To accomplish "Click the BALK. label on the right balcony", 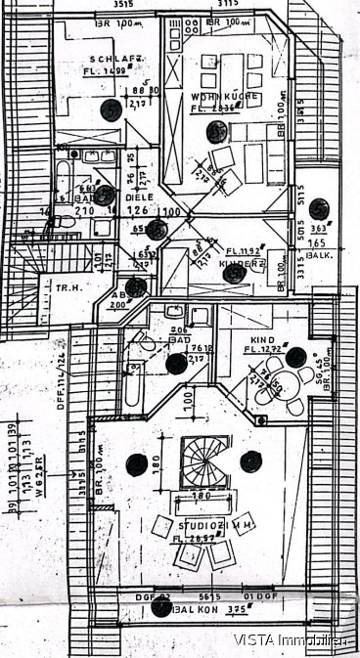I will [319, 254].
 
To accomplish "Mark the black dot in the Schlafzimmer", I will [112, 110].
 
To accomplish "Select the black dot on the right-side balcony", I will [319, 208].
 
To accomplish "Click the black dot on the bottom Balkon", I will [161, 607].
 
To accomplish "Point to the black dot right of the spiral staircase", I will [251, 461].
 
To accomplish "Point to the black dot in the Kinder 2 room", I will [232, 274].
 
